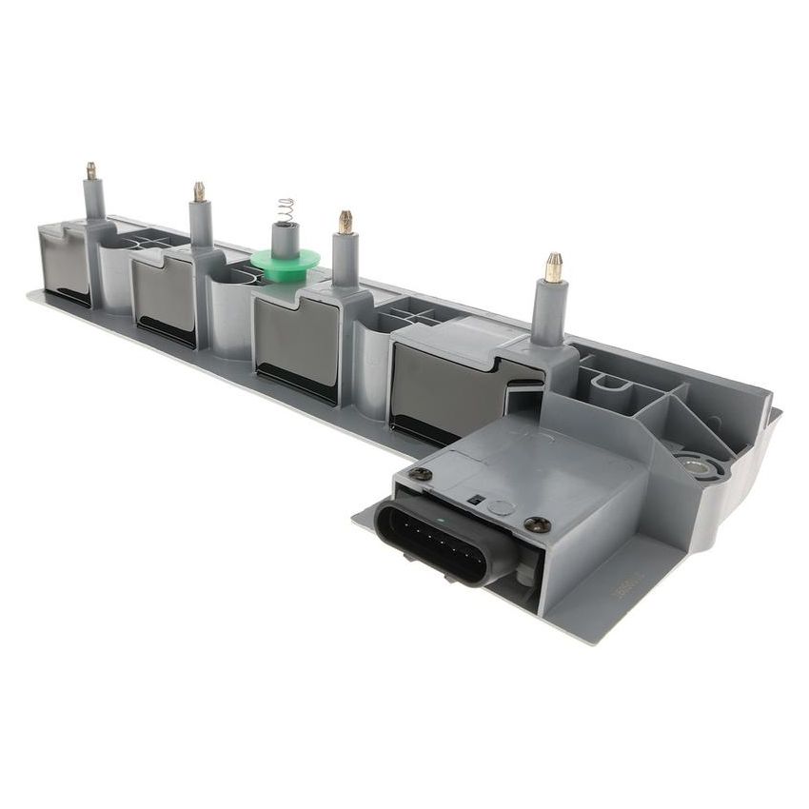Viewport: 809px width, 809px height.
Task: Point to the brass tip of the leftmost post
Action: click(x=91, y=171)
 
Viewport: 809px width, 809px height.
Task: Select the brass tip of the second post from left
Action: click(x=200, y=191)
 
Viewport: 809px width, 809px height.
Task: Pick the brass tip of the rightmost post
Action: click(x=552, y=267)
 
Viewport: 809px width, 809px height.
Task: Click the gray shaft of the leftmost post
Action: click(x=93, y=200)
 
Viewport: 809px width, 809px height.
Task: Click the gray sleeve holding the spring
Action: click(x=283, y=238)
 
